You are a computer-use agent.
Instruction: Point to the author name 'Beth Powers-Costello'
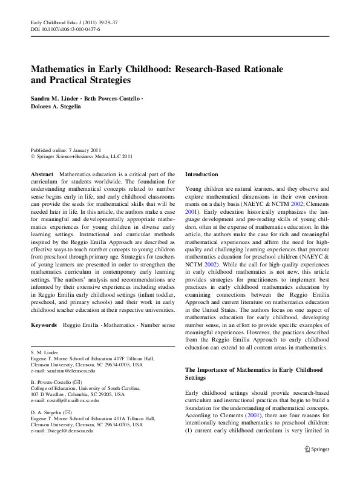coord(111,98)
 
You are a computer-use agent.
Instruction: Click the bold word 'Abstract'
coord(42,174)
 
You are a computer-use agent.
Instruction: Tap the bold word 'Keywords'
coord(44,325)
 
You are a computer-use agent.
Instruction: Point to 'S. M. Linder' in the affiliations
coord(45,352)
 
